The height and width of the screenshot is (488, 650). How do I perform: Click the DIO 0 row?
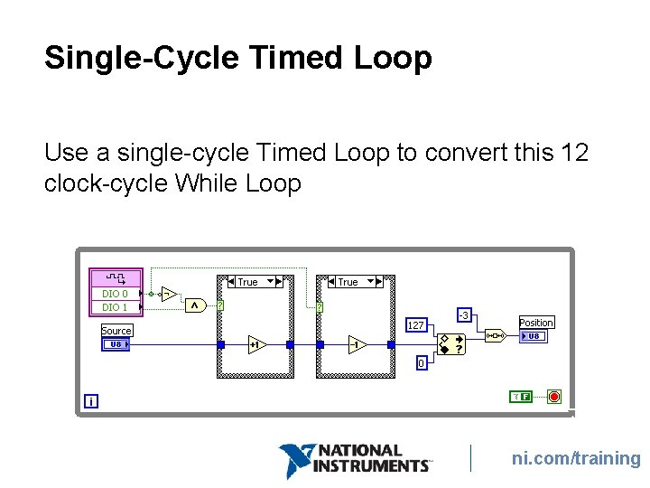[x=116, y=294]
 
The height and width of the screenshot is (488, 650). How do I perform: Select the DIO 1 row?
[x=116, y=307]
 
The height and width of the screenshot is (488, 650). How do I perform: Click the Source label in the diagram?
[x=116, y=331]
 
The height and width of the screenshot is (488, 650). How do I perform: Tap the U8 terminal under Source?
[x=116, y=344]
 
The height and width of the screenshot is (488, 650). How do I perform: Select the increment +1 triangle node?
[x=256, y=344]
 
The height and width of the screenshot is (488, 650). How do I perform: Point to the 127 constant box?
[x=415, y=324]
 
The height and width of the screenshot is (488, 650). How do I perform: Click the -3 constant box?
[x=463, y=314]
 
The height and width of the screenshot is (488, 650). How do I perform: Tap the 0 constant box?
[x=421, y=363]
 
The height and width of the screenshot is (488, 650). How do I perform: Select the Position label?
[x=536, y=323]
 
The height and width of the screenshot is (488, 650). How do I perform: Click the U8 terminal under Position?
[x=534, y=336]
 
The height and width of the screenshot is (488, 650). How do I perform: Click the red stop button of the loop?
[x=553, y=396]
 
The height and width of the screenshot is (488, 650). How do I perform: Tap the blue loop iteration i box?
[x=91, y=400]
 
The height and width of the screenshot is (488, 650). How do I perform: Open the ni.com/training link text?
[x=576, y=459]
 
